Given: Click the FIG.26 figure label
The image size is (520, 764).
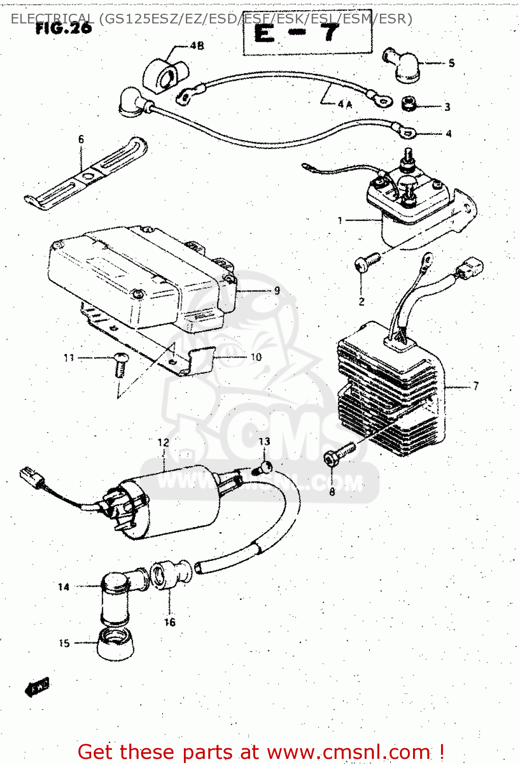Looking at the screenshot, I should (64, 28).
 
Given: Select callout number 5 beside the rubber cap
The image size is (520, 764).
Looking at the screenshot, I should (451, 63).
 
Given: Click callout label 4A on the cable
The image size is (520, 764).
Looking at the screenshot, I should (344, 104).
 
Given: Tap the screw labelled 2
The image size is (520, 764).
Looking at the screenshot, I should (367, 261).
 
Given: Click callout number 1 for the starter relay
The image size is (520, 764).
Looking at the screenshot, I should (340, 221).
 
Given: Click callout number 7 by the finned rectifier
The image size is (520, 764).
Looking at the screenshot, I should (476, 386).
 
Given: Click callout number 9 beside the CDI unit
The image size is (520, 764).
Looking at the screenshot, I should (277, 290).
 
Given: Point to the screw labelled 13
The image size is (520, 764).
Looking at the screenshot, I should (265, 466).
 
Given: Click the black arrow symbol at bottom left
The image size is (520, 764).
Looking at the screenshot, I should (37, 688).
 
